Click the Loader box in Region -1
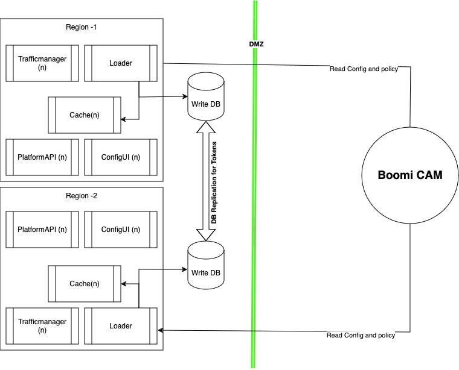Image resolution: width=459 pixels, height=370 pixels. click(121, 63)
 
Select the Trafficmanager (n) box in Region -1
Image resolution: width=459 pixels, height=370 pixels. click(42, 63)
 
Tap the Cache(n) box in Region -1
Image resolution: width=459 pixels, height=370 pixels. click(85, 115)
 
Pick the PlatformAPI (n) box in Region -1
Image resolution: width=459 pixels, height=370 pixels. click(42, 157)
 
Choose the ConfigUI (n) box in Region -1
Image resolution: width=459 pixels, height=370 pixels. click(121, 157)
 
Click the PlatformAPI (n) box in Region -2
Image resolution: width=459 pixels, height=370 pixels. click(42, 229)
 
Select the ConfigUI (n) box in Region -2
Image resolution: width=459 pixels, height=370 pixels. click(121, 229)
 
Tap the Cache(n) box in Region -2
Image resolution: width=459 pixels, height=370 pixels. click(85, 284)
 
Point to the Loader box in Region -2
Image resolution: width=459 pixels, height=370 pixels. click(121, 326)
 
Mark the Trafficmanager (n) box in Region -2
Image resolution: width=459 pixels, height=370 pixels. click(42, 326)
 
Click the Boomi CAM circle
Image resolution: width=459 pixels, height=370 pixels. click(410, 176)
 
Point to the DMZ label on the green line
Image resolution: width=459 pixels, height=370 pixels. click(256, 44)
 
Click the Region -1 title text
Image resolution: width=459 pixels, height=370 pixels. click(82, 27)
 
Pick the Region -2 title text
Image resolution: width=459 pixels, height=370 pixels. click(82, 196)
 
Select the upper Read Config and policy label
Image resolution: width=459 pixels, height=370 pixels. click(364, 69)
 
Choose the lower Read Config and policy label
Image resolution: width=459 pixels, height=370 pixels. click(361, 335)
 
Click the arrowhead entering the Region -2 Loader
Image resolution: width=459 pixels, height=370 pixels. click(161, 330)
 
